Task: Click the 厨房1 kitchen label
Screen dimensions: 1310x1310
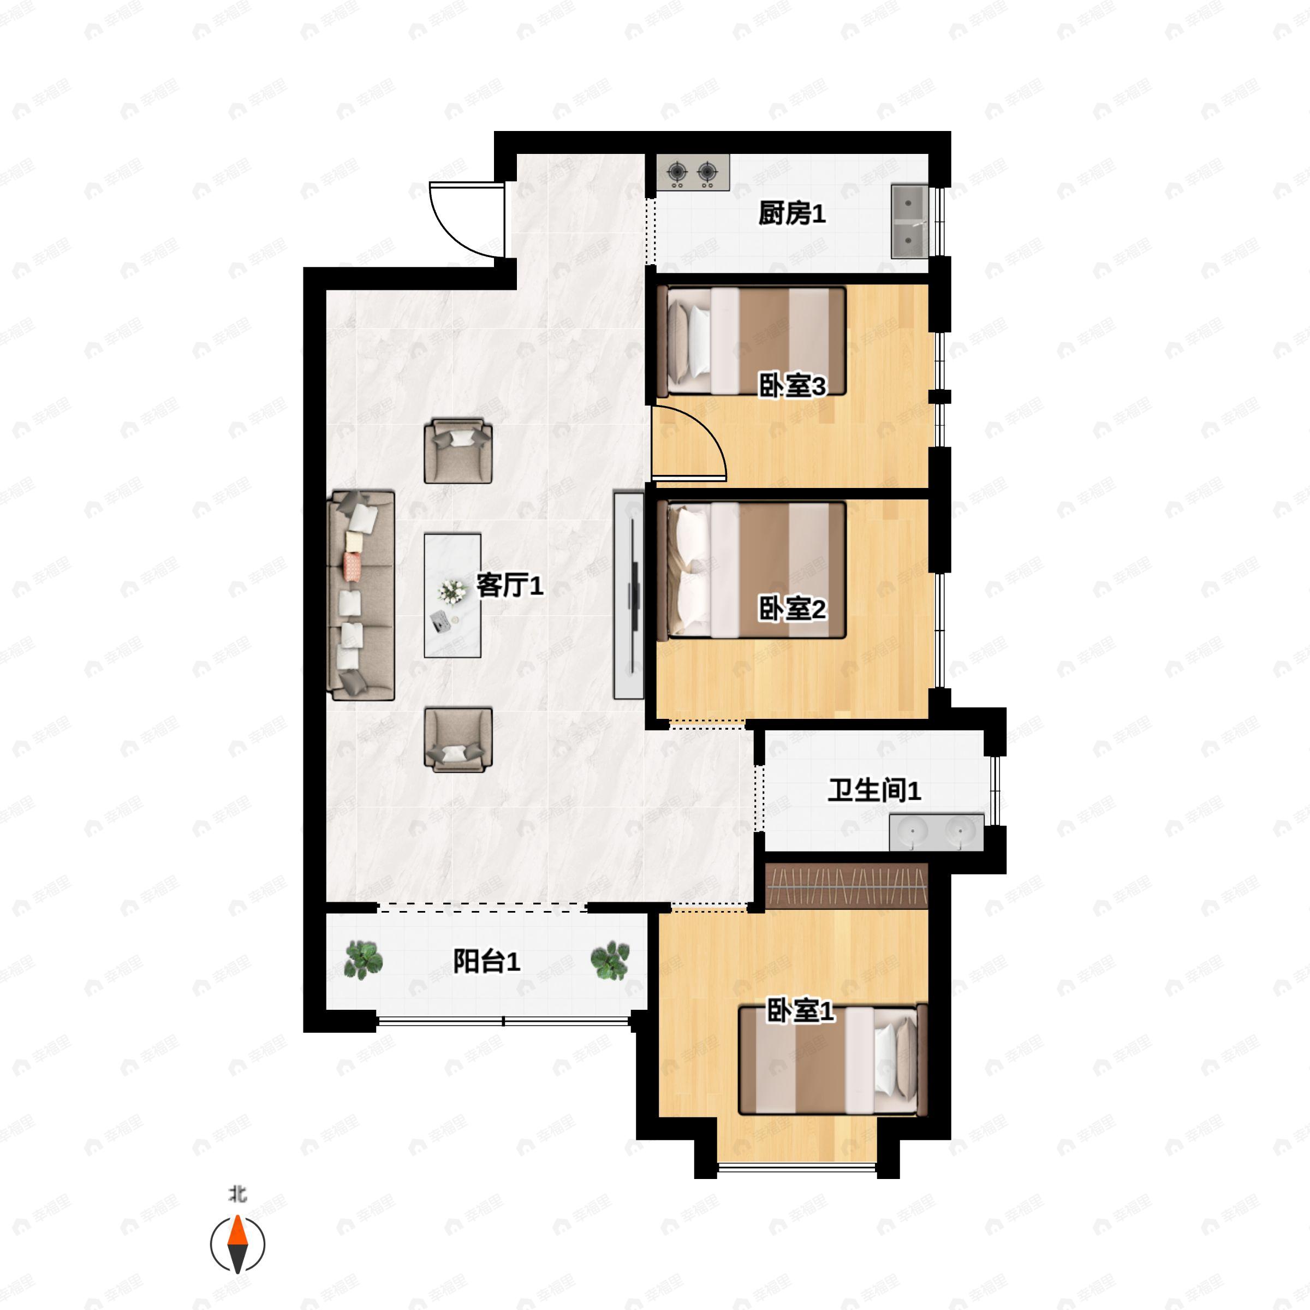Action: [791, 215]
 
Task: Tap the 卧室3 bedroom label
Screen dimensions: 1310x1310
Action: [791, 386]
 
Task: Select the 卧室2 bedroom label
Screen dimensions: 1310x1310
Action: [791, 610]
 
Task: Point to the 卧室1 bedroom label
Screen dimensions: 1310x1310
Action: [800, 1011]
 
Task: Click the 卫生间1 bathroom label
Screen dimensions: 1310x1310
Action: [874, 790]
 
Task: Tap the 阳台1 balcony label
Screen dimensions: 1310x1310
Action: [486, 961]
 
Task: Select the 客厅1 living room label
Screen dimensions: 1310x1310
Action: [509, 586]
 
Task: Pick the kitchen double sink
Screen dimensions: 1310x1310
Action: [909, 221]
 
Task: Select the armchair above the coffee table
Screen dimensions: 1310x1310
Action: [458, 451]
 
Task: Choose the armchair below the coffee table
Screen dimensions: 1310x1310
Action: [458, 740]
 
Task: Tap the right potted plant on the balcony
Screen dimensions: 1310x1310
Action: [610, 960]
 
